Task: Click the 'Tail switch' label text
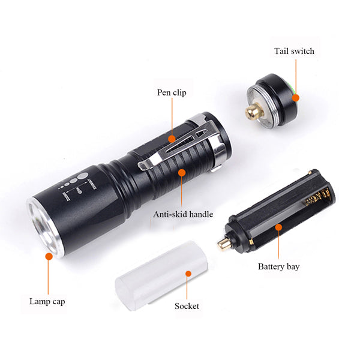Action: [294, 51]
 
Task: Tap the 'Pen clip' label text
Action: [172, 92]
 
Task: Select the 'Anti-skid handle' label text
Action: [183, 214]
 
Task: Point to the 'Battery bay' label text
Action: [279, 267]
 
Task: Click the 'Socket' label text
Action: [187, 306]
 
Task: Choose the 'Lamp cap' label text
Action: [47, 301]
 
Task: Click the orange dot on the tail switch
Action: [296, 98]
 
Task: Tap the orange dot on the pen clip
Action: [172, 139]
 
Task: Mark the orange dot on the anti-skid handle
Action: [182, 173]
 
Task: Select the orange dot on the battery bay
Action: [278, 227]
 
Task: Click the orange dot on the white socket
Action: [188, 274]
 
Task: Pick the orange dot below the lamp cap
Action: [49, 256]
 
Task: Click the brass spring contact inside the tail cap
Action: [254, 111]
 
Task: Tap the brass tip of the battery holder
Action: [224, 244]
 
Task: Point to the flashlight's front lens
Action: [44, 228]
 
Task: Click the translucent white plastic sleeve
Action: [161, 275]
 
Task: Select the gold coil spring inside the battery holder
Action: [317, 197]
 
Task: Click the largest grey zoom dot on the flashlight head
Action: [82, 176]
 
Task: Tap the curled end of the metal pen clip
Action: [145, 165]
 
